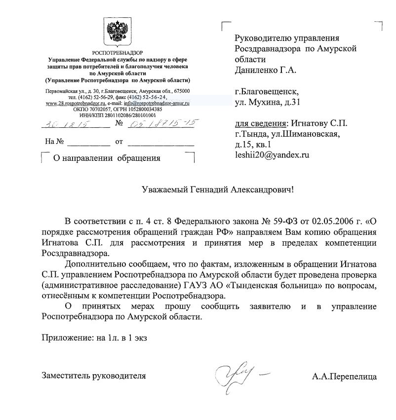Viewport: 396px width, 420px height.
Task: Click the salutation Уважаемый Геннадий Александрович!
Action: tap(217, 190)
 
